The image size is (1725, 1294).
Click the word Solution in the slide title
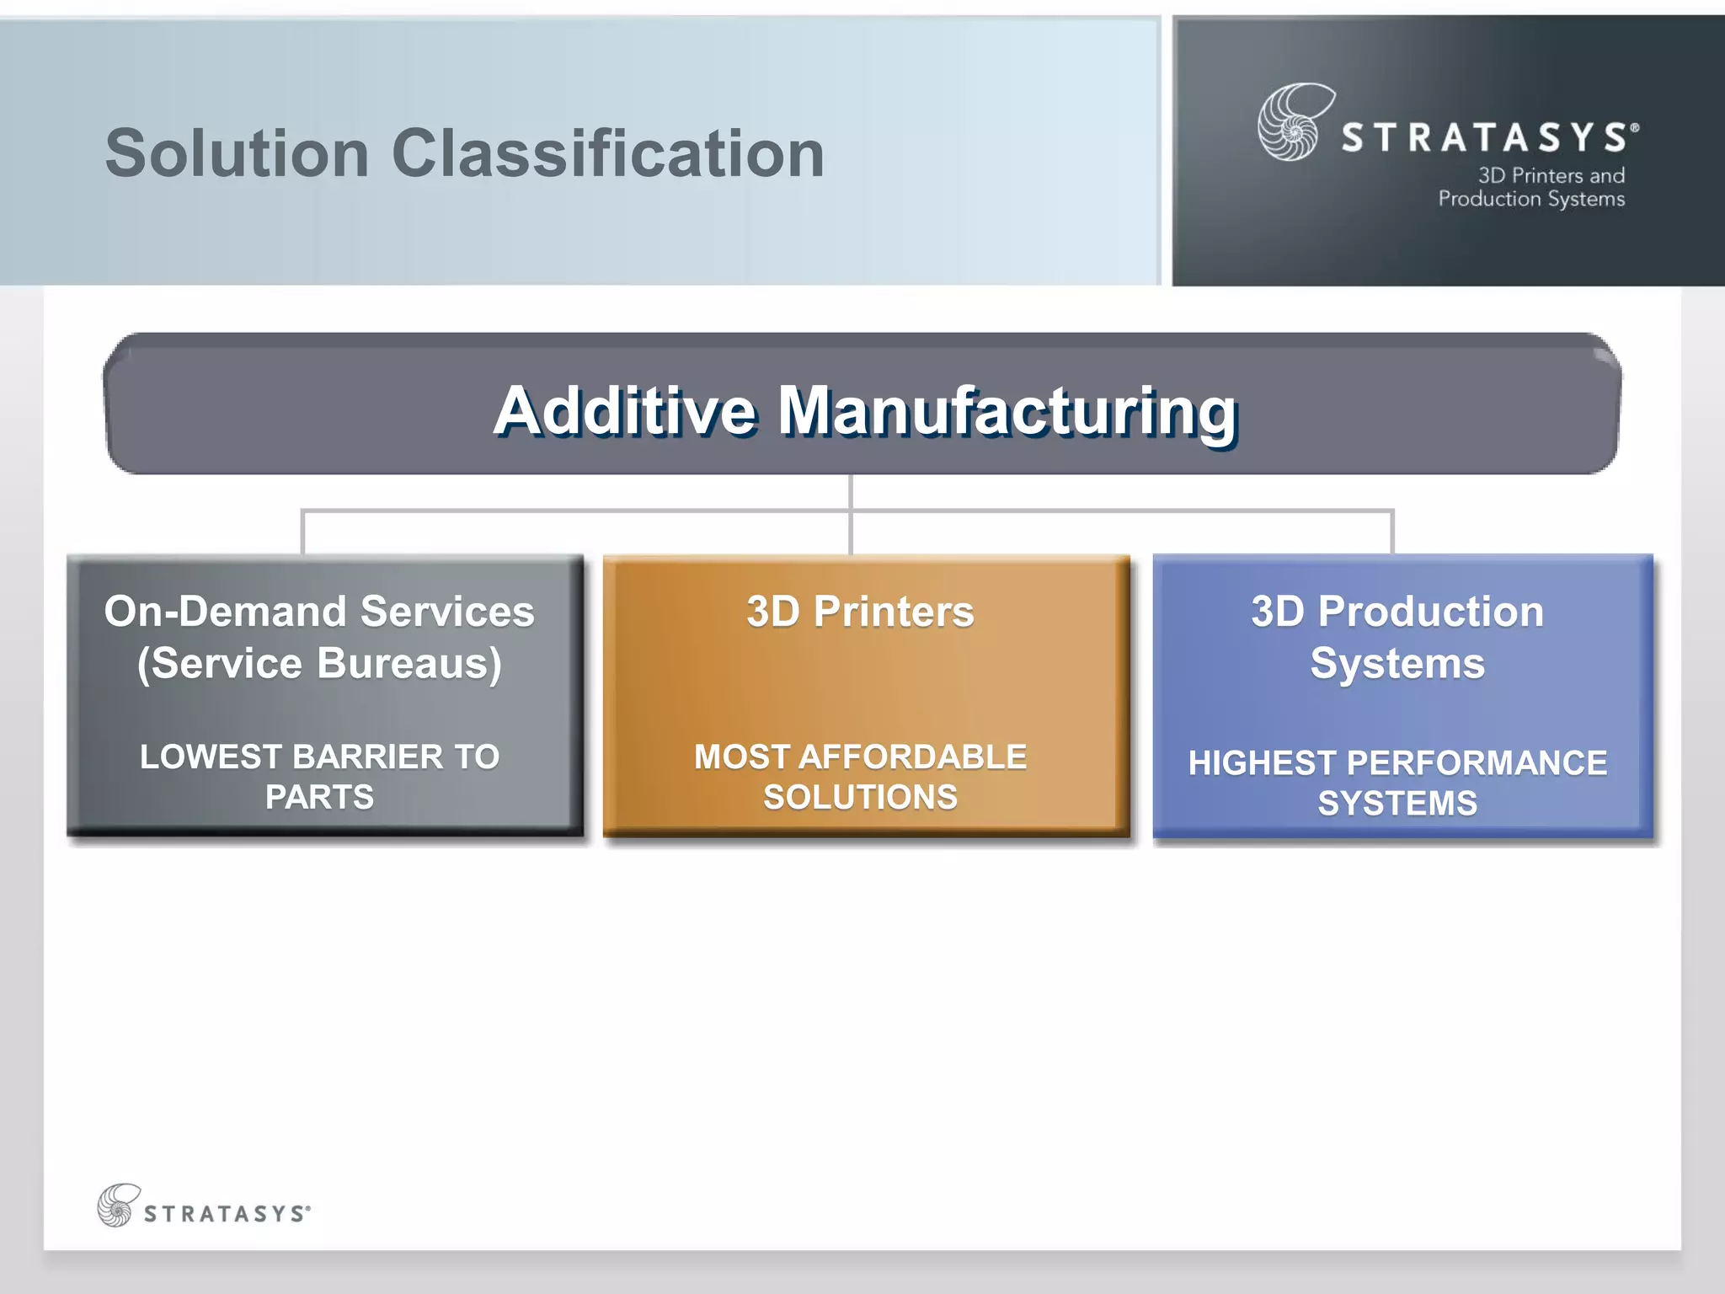pyautogui.click(x=237, y=154)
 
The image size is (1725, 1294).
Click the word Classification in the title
pyautogui.click(x=607, y=154)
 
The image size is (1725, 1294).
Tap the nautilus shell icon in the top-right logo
pyautogui.click(x=1294, y=122)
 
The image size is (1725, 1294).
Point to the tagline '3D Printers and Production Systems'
pyautogui.click(x=1531, y=187)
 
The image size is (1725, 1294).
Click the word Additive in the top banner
pyautogui.click(x=625, y=411)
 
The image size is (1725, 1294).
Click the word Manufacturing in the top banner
pyautogui.click(x=1007, y=411)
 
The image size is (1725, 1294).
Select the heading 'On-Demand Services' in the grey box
pyautogui.click(x=319, y=612)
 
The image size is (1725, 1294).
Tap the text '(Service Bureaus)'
pyautogui.click(x=319, y=664)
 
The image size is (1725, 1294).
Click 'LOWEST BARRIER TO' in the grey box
pyautogui.click(x=319, y=757)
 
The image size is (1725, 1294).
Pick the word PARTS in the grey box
pyautogui.click(x=319, y=797)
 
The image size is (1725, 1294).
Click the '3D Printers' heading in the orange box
pyautogui.click(x=860, y=612)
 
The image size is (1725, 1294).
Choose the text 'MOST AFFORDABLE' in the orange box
pyautogui.click(x=860, y=757)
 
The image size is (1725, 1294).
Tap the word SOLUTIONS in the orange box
pyautogui.click(x=860, y=797)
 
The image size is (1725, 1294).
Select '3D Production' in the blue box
pyautogui.click(x=1397, y=612)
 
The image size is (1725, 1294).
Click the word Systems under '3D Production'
pyautogui.click(x=1397, y=664)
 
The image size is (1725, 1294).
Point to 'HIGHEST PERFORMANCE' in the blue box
pyautogui.click(x=1397, y=763)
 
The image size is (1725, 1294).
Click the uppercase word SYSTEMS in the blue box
pyautogui.click(x=1397, y=804)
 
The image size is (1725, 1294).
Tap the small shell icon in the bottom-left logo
pyautogui.click(x=118, y=1205)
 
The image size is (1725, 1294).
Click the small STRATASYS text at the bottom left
pyautogui.click(x=226, y=1214)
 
